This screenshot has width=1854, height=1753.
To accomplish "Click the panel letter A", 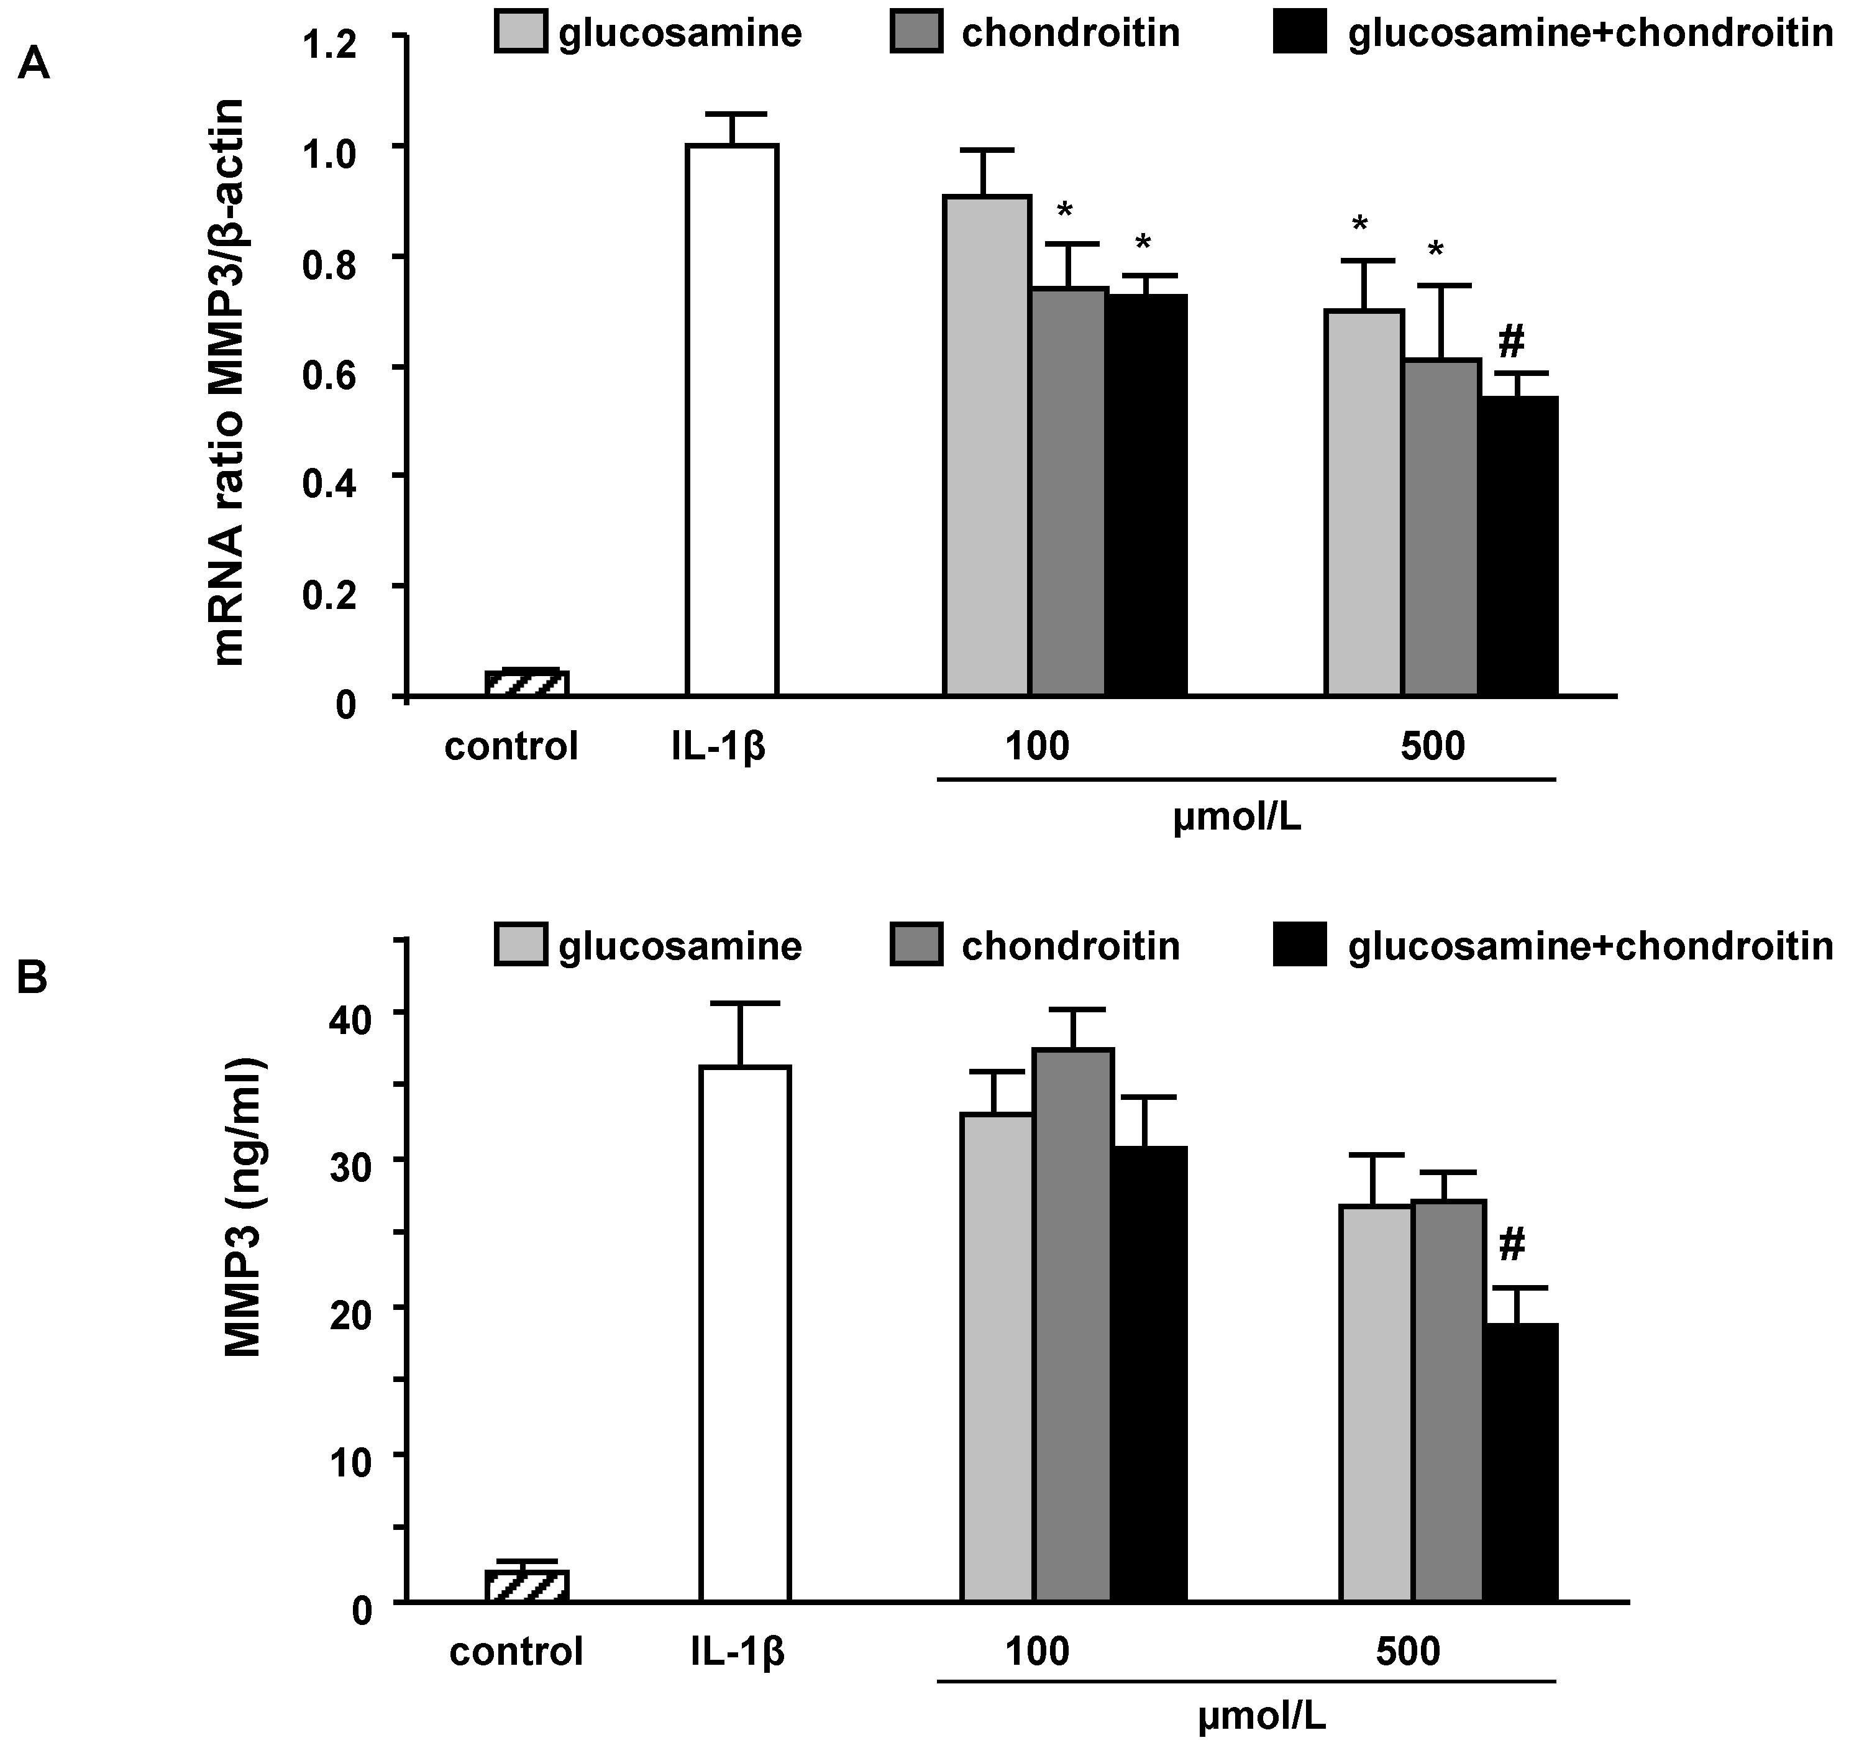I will tap(35, 66).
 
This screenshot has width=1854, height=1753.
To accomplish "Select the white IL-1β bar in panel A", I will tap(733, 421).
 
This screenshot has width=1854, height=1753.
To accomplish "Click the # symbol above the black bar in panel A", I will tap(1511, 343).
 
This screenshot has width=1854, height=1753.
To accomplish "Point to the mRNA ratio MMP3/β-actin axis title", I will tap(228, 383).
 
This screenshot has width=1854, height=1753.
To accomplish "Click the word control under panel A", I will tap(511, 748).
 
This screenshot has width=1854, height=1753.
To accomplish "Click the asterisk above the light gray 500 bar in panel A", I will tap(1359, 225).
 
